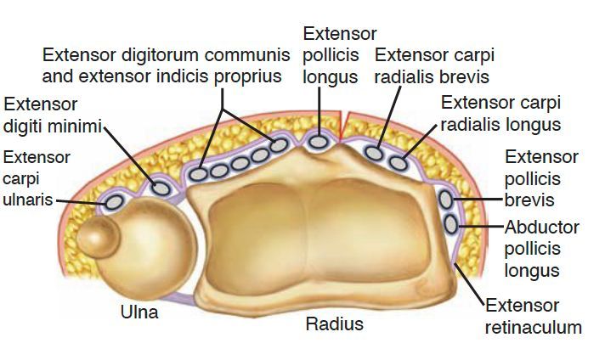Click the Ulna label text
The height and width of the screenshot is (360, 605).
coord(140,312)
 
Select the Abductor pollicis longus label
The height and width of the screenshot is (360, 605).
coord(542,250)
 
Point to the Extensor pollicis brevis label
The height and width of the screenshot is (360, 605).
coord(541,179)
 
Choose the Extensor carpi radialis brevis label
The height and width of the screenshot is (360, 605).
coord(434,66)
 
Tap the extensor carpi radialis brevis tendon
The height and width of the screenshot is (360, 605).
coord(375,154)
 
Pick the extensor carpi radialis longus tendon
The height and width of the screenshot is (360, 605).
coord(397,160)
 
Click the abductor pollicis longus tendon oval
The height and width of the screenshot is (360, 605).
coord(450,224)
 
